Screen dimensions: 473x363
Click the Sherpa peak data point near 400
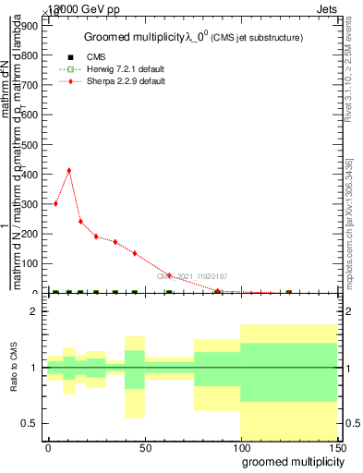(x=68, y=170)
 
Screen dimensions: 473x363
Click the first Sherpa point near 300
(x=55, y=203)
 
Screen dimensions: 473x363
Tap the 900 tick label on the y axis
(x=28, y=27)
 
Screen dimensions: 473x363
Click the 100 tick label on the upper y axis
(x=28, y=263)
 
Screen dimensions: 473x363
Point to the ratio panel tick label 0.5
(x=30, y=423)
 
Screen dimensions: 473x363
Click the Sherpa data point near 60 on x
(x=169, y=275)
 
